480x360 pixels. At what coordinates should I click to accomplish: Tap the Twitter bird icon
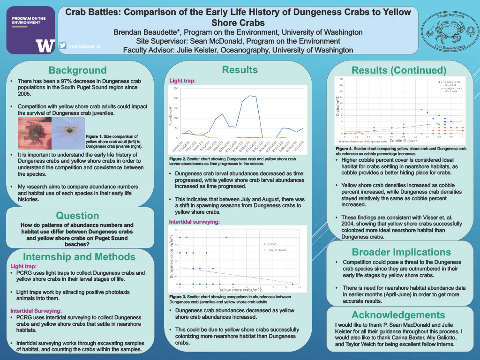[x=62, y=45]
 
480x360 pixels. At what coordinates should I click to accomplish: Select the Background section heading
[x=78, y=70]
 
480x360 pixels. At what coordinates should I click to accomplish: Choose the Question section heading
[x=77, y=216]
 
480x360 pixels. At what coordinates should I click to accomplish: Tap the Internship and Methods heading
[x=79, y=257]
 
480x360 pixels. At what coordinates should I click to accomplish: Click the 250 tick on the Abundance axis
[x=176, y=89]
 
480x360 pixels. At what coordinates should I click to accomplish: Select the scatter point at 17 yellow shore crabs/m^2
[x=292, y=284]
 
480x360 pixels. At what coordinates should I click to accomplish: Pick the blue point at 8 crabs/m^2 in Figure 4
[x=421, y=110]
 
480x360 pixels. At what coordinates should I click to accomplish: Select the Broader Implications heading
[x=401, y=252]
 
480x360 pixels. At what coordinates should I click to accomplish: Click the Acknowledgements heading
[x=398, y=315]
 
